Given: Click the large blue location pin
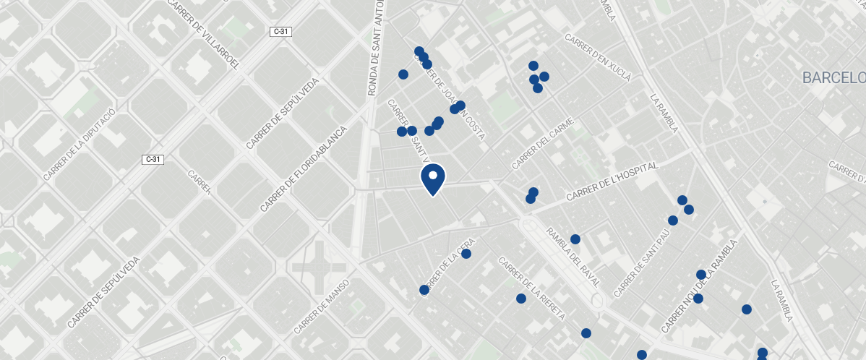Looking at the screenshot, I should click(432, 179).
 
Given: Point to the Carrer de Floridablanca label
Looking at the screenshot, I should click(304, 169).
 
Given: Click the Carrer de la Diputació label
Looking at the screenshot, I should click(80, 145).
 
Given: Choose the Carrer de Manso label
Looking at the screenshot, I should click(322, 307).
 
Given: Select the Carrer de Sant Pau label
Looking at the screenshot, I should click(642, 265).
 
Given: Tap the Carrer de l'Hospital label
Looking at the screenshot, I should click(612, 182).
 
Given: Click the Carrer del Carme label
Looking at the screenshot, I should click(542, 145).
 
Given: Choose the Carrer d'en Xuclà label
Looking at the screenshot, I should click(599, 57).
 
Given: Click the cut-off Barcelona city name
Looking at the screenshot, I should click(833, 78).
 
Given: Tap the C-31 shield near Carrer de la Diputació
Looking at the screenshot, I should click(153, 159).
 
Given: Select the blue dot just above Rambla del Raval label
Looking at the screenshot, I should click(575, 239).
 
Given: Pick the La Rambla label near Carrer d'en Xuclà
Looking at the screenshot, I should click(664, 113).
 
